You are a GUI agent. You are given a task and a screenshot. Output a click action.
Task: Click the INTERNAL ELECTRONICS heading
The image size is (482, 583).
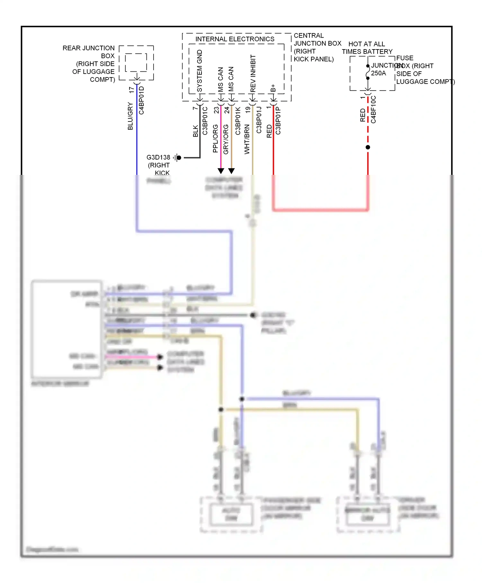pos(235,39)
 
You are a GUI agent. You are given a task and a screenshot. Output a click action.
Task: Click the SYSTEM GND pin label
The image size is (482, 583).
pos(200,71)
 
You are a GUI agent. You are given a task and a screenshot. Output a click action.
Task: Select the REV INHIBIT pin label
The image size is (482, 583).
pos(253,73)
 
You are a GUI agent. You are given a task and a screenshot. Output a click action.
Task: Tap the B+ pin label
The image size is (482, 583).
pos(273,88)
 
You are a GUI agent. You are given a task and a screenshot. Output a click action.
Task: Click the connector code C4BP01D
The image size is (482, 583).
pos(141,100)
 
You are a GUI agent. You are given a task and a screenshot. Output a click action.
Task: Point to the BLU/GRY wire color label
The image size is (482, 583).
pos(130,116)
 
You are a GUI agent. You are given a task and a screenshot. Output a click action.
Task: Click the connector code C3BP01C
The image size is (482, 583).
pos(205,121)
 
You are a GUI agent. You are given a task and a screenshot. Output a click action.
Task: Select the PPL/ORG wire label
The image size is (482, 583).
pos(215,139)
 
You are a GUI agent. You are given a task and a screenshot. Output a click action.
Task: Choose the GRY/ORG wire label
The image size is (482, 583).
pos(226,139)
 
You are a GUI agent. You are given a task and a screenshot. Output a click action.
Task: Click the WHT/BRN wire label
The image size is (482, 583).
pos(247,139)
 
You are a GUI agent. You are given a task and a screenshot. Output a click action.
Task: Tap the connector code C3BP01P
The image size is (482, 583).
pos(278,121)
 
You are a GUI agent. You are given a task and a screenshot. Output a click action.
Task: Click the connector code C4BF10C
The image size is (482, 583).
pos(373,110)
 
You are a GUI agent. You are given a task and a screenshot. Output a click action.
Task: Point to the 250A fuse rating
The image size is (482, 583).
pos(379,73)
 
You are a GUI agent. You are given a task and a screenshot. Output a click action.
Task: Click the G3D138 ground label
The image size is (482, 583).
pos(158,157)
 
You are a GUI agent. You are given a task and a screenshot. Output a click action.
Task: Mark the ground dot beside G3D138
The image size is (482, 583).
pos(179,157)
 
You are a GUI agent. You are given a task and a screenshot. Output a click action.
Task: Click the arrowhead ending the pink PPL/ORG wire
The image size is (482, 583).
pos(221,171)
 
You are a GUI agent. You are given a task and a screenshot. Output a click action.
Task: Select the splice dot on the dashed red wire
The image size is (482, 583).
pos(368,147)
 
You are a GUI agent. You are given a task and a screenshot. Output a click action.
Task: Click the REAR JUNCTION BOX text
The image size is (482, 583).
pos(88,48)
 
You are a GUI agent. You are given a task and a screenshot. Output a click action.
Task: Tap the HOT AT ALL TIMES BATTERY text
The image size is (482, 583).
pos(367,48)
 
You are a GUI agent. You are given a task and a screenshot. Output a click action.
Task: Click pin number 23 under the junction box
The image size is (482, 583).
pos(216,110)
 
